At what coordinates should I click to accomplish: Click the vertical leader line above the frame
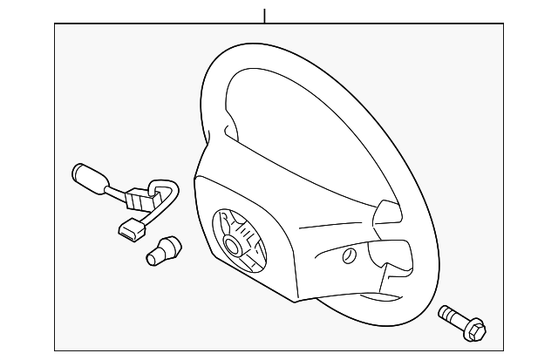tap(263, 15)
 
